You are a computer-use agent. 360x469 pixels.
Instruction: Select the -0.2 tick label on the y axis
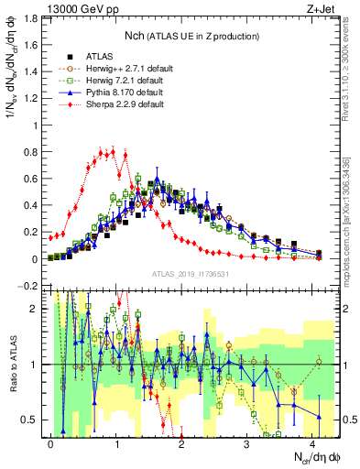pyautogui.click(x=27, y=287)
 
